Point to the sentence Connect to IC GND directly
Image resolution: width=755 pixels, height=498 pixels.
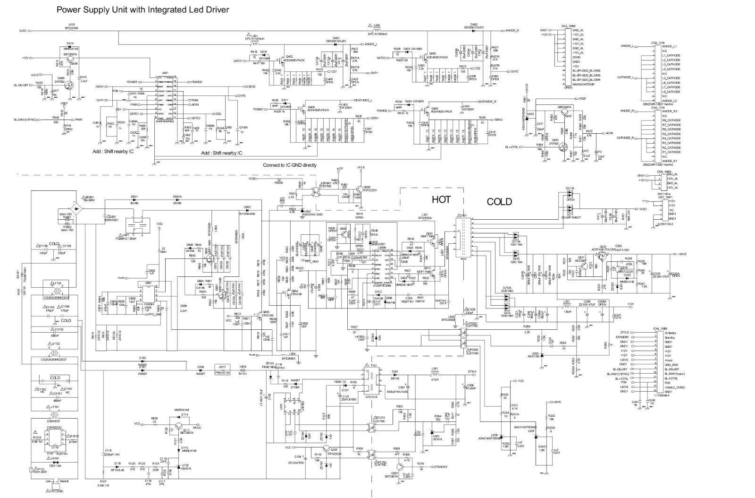tap(290, 165)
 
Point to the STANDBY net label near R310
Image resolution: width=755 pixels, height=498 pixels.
tap(439, 467)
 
